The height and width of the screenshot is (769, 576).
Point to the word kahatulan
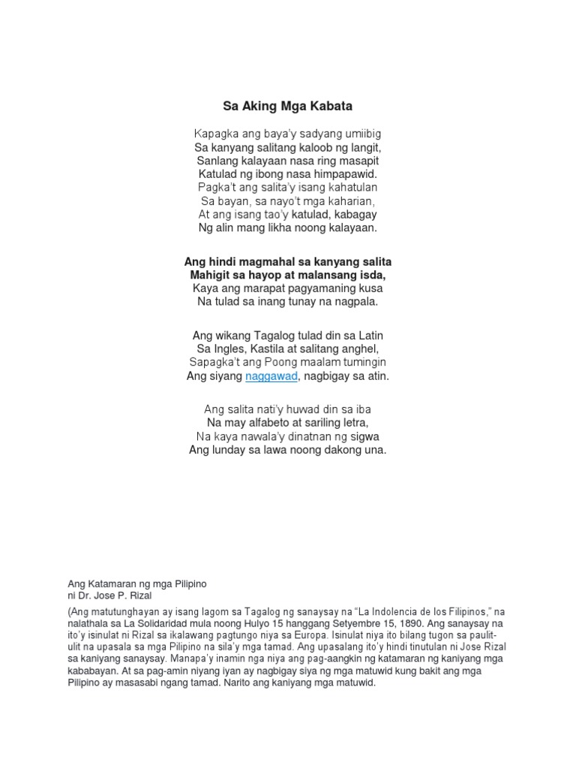click(x=352, y=187)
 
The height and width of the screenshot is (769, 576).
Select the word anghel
click(x=361, y=348)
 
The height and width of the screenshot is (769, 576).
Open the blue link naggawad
click(x=271, y=376)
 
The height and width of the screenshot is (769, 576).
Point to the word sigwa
click(x=364, y=436)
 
